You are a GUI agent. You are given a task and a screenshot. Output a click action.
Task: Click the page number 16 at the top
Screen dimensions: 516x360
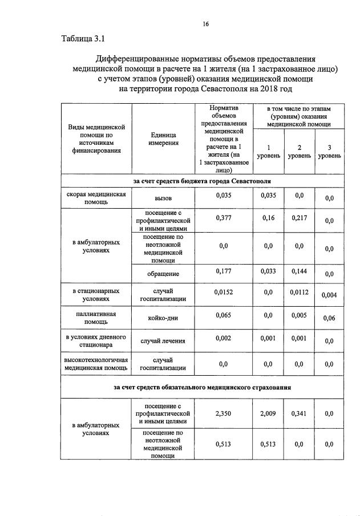(x=205, y=23)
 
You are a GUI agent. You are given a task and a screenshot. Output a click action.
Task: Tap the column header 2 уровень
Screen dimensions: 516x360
(x=299, y=151)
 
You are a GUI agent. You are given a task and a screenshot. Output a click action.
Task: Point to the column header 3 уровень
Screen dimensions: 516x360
(x=329, y=151)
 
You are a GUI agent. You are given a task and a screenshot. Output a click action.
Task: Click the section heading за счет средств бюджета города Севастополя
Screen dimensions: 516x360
(x=202, y=181)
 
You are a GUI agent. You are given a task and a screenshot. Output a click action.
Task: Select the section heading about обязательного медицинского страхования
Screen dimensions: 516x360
(x=202, y=388)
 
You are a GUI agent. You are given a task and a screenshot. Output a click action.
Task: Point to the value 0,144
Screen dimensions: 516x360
(x=299, y=271)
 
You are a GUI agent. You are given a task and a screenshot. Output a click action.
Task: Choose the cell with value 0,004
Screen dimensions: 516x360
(x=329, y=295)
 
